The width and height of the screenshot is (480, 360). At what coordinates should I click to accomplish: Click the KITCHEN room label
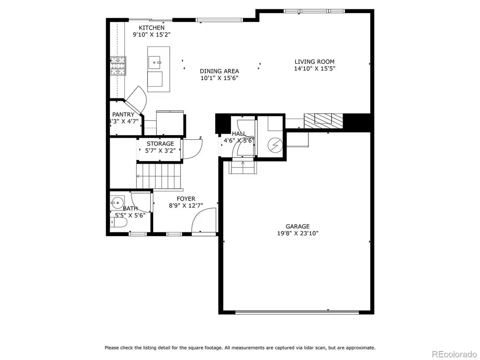[151, 28]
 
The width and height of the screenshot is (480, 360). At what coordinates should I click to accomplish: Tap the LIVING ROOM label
[315, 61]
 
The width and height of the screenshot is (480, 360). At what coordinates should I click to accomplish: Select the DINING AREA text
[219, 71]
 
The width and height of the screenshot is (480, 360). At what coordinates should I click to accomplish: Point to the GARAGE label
[298, 226]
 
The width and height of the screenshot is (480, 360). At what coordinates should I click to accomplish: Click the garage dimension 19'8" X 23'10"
[298, 233]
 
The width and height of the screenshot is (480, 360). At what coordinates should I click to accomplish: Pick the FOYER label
[186, 199]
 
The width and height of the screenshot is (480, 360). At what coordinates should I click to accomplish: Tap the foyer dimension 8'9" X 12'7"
[186, 206]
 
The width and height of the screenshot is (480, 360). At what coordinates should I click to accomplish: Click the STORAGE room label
[160, 143]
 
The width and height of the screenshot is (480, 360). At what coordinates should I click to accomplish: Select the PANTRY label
[123, 114]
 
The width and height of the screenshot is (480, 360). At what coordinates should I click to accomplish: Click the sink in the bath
[117, 202]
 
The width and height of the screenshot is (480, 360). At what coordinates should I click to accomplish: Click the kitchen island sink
[155, 62]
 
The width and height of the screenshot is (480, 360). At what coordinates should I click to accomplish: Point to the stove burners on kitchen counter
[118, 66]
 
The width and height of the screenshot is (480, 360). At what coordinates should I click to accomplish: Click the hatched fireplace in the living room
[323, 120]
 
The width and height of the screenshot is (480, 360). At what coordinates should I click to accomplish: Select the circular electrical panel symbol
[275, 145]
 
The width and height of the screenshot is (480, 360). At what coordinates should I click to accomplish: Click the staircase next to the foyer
[159, 176]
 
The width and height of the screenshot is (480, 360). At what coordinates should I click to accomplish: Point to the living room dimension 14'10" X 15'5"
[315, 68]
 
